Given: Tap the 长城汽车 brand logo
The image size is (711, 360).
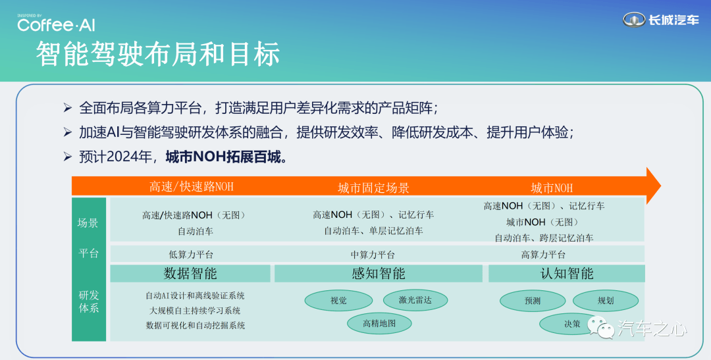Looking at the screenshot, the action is click(x=661, y=20).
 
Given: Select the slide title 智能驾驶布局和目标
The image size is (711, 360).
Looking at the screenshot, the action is click(x=158, y=54).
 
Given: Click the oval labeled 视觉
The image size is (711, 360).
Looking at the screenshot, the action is click(x=338, y=300).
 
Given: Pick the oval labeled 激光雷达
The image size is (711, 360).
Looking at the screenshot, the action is click(x=415, y=299).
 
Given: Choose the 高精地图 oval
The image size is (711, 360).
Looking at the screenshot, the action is click(x=380, y=323).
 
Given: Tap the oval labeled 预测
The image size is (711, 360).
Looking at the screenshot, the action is click(x=533, y=301).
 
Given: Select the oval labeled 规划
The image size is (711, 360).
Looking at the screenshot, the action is click(x=606, y=300).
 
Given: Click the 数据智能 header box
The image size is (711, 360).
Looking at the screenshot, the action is click(x=190, y=273).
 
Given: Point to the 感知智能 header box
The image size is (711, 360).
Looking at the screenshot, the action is click(x=378, y=273).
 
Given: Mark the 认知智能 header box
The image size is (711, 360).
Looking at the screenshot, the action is click(x=567, y=273).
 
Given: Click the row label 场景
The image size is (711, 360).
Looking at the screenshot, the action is click(x=88, y=222).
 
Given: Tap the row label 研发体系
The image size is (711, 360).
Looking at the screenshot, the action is click(x=89, y=301).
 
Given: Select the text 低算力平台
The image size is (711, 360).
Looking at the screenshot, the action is click(x=191, y=254).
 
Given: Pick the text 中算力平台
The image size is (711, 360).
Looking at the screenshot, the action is click(x=373, y=255).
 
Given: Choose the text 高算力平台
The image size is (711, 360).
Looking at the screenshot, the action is click(x=543, y=254).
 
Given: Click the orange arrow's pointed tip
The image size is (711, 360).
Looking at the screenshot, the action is click(x=661, y=186).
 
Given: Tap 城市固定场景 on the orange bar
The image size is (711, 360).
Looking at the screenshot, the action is click(x=374, y=188).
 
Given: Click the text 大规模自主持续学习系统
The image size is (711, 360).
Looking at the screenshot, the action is click(x=195, y=311).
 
